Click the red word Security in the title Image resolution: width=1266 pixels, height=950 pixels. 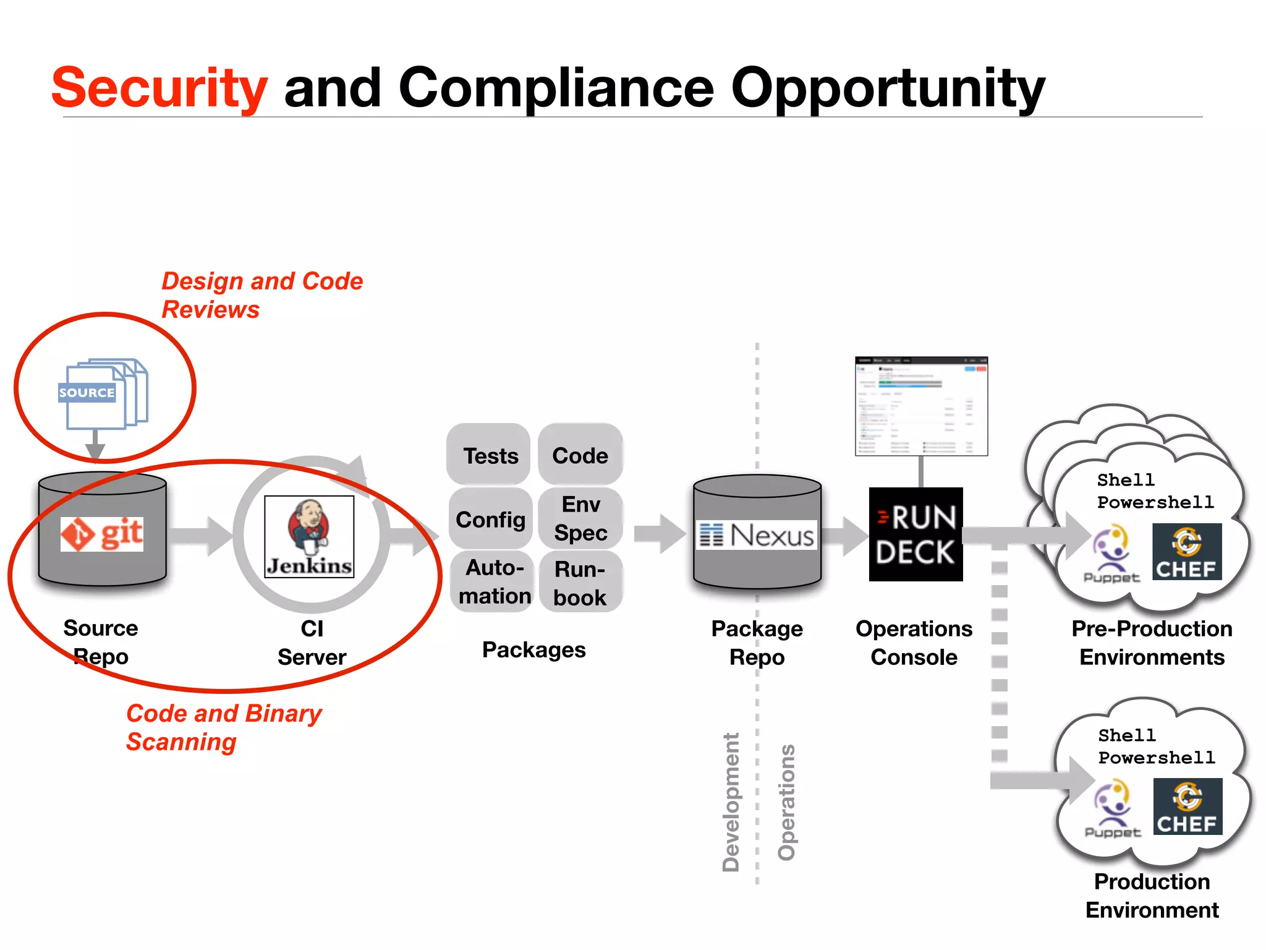point(159,88)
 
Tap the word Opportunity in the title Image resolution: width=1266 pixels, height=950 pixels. point(888,88)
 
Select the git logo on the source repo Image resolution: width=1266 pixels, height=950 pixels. point(102,534)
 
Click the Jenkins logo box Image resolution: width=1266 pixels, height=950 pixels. point(309,536)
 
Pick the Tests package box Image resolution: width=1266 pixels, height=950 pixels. point(489,455)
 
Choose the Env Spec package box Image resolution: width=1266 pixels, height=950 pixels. point(580,518)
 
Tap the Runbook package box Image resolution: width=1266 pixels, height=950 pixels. point(580,583)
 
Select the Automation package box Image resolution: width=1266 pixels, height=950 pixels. point(493,581)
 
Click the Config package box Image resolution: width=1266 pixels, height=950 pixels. point(490,520)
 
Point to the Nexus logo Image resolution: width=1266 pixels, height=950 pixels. point(757,535)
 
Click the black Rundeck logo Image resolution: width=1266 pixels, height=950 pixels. point(916,534)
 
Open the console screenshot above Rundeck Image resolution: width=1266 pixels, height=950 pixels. point(921,406)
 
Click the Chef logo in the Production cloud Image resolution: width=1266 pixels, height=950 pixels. point(1187,807)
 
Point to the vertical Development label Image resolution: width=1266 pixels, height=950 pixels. point(731,802)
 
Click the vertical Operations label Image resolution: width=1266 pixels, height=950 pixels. point(786,802)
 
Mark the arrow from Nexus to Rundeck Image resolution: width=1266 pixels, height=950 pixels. point(844,535)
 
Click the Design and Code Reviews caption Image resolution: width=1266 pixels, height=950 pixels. point(261,295)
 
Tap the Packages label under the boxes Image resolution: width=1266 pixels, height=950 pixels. point(533,649)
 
